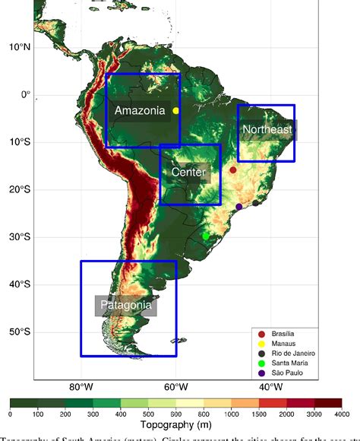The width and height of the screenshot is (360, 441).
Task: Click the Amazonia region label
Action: click(140, 111)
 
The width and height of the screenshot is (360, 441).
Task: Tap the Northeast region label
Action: click(267, 130)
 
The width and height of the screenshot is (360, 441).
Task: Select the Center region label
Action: click(188, 173)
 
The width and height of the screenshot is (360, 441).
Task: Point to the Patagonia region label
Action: click(126, 306)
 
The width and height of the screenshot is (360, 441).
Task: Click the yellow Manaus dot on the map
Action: click(175, 110)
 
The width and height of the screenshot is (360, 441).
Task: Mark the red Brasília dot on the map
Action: click(233, 170)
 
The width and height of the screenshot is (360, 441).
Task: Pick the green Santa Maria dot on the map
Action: click(206, 236)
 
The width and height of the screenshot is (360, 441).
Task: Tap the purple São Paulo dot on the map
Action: click(239, 207)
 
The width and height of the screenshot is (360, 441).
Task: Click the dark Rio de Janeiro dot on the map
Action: click(256, 203)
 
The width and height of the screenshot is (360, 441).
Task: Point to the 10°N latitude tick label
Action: click(20, 47)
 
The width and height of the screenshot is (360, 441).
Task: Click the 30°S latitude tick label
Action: click(20, 236)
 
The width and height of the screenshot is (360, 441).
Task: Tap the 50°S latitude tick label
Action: click(20, 332)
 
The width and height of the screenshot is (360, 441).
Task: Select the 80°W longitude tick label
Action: click(81, 386)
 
